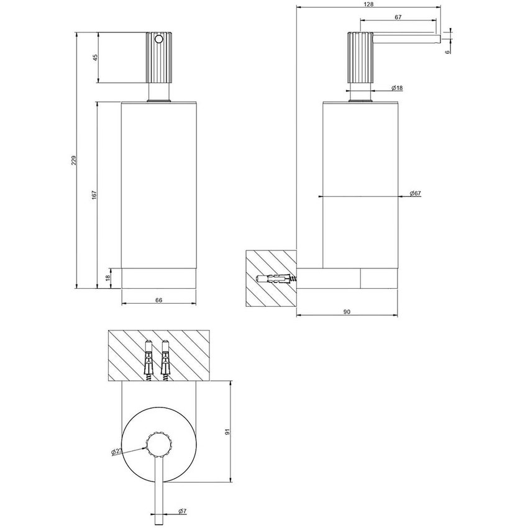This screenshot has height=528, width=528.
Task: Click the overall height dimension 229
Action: tap(73, 160)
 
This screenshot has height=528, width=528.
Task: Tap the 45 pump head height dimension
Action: tap(95, 57)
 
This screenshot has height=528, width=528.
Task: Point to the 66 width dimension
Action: tap(158, 300)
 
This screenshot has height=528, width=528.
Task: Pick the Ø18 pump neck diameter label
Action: tap(398, 89)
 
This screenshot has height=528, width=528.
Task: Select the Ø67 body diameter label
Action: tap(416, 194)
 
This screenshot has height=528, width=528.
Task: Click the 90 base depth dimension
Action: tap(347, 311)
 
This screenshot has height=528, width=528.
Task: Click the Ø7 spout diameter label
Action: tap(183, 511)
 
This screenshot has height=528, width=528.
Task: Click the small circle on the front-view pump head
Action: tap(158, 39)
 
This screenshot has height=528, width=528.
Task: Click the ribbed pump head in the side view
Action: tap(358, 58)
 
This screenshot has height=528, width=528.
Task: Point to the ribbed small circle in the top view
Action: tap(158, 442)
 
